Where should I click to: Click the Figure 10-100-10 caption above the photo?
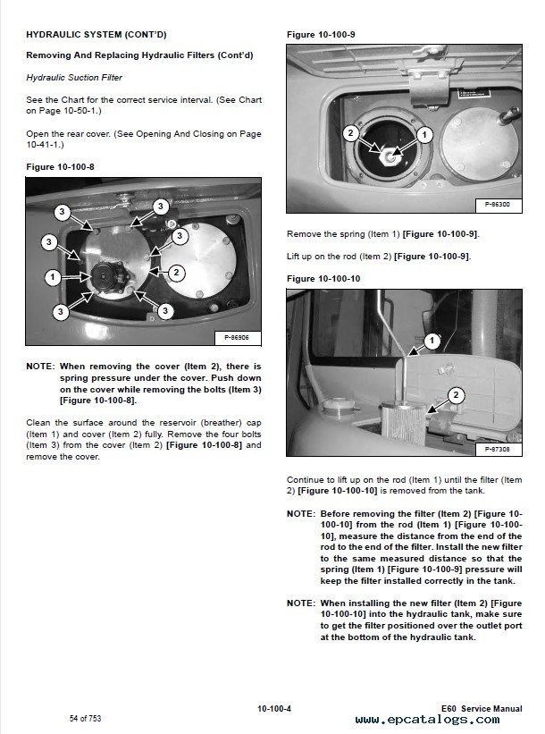(x=323, y=279)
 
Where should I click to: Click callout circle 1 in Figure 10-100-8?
(x=53, y=277)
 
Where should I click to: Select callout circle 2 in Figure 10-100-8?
(x=177, y=272)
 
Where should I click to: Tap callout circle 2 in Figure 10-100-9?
(x=351, y=133)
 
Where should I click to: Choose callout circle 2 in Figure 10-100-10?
(x=456, y=393)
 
